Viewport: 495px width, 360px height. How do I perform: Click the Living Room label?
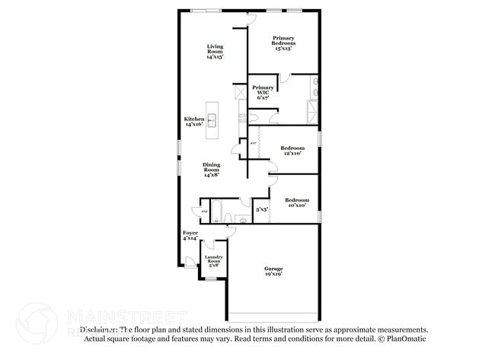point(215,51)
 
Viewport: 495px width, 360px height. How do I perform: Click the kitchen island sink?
point(213,119)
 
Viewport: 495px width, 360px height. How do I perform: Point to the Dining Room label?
point(212,170)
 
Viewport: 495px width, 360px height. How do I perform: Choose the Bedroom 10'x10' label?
point(295,202)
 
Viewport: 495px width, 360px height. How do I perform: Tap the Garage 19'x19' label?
point(273,271)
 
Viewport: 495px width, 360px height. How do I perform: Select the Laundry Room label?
point(213,261)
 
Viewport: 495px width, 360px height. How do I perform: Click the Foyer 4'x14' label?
point(190,235)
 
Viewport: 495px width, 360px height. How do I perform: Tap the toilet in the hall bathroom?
point(241,220)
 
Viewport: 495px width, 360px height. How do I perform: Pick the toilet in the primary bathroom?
point(253,118)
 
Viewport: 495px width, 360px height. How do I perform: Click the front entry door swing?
point(190,262)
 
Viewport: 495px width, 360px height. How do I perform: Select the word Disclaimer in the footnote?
point(98,330)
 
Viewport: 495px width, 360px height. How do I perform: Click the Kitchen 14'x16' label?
point(193,122)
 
